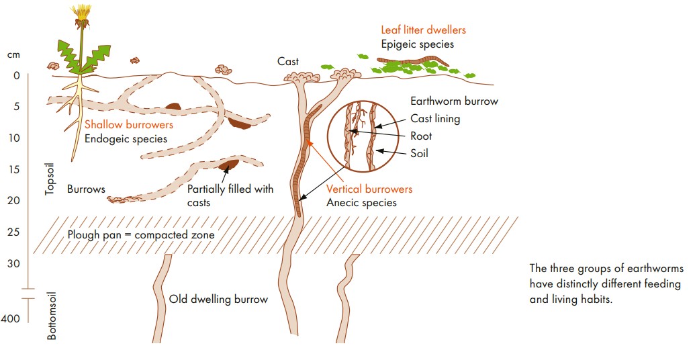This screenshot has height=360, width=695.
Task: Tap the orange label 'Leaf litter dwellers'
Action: click(423, 30)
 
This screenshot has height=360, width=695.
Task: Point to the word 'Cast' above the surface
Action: click(288, 62)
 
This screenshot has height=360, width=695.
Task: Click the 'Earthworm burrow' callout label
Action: click(454, 101)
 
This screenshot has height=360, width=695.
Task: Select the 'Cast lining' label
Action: click(435, 119)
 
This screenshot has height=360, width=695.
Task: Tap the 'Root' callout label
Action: click(421, 136)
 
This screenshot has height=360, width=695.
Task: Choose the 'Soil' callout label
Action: click(419, 153)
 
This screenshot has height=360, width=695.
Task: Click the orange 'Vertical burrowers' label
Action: click(369, 189)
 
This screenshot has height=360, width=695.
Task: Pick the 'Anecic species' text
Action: click(361, 202)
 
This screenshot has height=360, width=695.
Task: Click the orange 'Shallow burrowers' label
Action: click(129, 125)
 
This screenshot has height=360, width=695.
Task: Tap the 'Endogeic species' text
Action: click(126, 139)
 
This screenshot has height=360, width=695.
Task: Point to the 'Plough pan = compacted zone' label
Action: click(141, 235)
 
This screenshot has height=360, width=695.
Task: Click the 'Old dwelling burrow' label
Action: click(218, 300)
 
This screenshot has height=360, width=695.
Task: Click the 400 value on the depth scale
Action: click(11, 319)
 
